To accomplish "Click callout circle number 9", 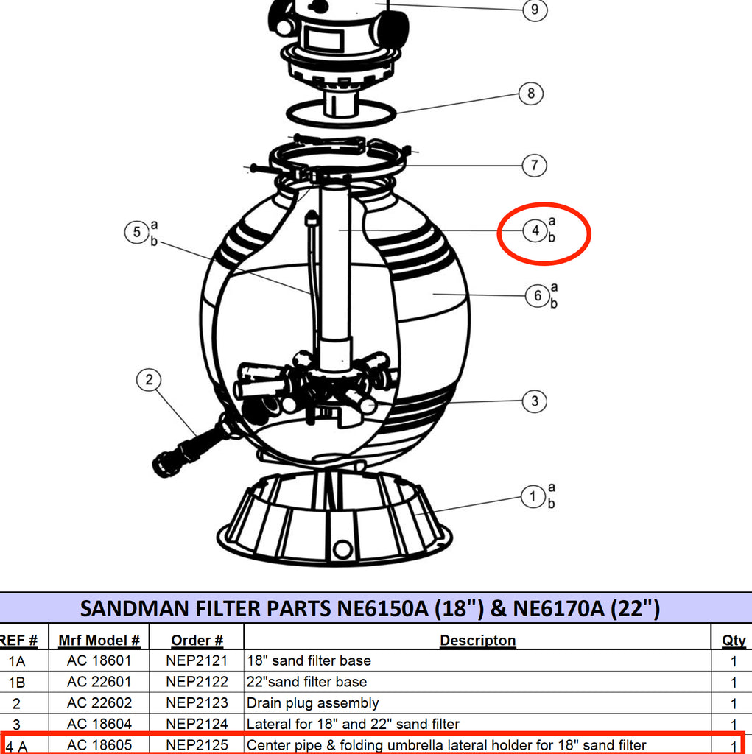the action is (x=535, y=10).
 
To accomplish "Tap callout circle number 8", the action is (x=531, y=94).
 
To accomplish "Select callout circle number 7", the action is (x=535, y=166).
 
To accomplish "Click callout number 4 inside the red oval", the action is (x=535, y=230).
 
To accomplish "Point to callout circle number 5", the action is (x=137, y=232).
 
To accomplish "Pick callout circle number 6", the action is (x=538, y=295).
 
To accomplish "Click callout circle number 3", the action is (x=535, y=401).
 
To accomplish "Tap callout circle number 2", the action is (x=149, y=380).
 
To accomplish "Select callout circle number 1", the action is (x=533, y=496).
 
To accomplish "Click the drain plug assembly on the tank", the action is (x=192, y=445).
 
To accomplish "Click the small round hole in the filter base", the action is (x=342, y=549).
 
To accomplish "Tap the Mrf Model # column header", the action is (x=99, y=640).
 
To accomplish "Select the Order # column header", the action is (x=197, y=640).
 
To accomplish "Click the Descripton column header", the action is (x=478, y=640).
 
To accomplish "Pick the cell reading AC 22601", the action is (x=99, y=682).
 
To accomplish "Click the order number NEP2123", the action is (x=197, y=703).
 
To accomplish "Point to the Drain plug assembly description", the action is (x=313, y=703).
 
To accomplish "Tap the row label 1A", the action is (x=17, y=662).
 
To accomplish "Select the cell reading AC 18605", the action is (x=99, y=745).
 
